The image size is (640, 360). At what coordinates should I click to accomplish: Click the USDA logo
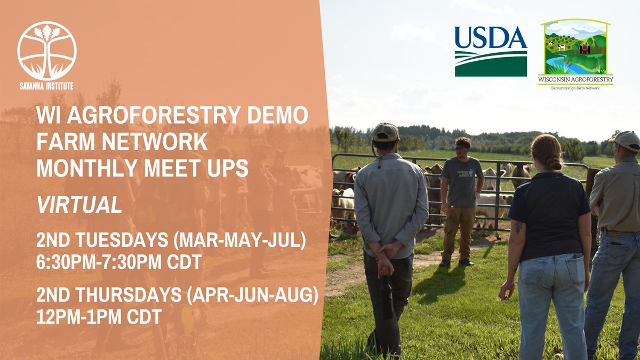[491, 51]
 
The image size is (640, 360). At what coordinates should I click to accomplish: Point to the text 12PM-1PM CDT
[99, 317]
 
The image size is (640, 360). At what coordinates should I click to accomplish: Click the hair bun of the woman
[553, 161]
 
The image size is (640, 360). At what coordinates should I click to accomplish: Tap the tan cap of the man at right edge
[626, 140]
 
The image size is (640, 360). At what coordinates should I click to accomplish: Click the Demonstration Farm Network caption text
[575, 88]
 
